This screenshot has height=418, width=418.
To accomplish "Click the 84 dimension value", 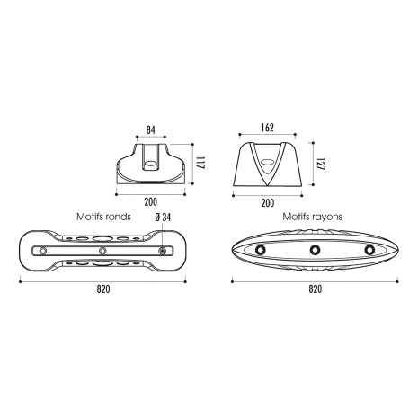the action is tap(151, 130).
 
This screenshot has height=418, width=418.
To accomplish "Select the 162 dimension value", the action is tap(267, 128).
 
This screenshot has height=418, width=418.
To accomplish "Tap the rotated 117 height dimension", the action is tap(200, 163).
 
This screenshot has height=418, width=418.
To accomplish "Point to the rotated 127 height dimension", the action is tap(321, 164).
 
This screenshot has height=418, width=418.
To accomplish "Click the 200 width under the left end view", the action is tap(150, 202).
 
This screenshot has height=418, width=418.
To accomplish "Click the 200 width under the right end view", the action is tap(267, 203).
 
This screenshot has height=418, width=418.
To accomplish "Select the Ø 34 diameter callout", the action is tap(163, 218).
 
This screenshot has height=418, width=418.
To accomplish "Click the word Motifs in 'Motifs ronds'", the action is tap(90, 217).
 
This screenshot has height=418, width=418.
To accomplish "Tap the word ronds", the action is tap(119, 217).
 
